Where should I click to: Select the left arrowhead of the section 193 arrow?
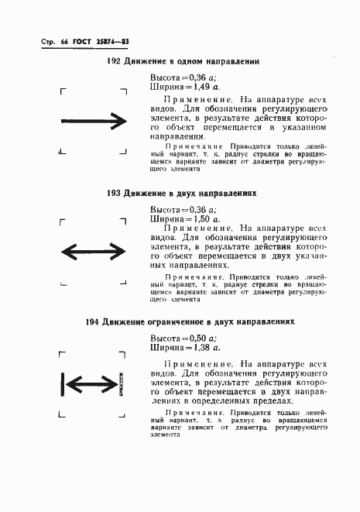(68, 251)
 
